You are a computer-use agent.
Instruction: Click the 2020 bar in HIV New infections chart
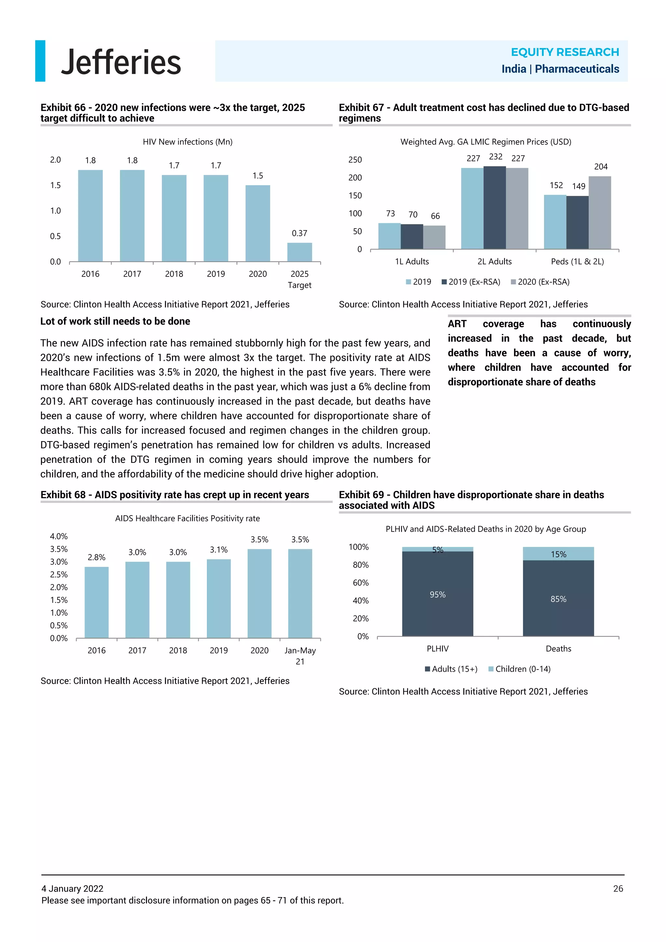pyautogui.click(x=258, y=223)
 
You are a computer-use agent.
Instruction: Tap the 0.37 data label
pyautogui.click(x=300, y=233)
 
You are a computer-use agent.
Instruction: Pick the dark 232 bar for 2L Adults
pyautogui.click(x=495, y=208)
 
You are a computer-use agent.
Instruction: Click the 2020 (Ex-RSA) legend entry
pyautogui.click(x=540, y=282)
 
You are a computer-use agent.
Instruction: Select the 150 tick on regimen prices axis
pyautogui.click(x=355, y=196)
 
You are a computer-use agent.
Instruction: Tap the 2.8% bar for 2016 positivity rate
pyautogui.click(x=96, y=602)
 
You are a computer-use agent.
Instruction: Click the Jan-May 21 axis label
pyautogui.click(x=300, y=656)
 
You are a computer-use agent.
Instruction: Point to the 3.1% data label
pyautogui.click(x=219, y=550)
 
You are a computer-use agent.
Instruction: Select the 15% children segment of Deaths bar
pyautogui.click(x=558, y=554)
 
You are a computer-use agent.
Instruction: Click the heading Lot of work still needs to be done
pyautogui.click(x=115, y=321)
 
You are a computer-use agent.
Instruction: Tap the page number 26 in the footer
pyautogui.click(x=618, y=889)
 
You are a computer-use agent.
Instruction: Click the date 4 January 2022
pyautogui.click(x=72, y=889)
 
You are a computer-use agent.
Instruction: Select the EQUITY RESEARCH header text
pyautogui.click(x=565, y=52)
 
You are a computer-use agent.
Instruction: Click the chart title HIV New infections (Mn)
pyautogui.click(x=187, y=142)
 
